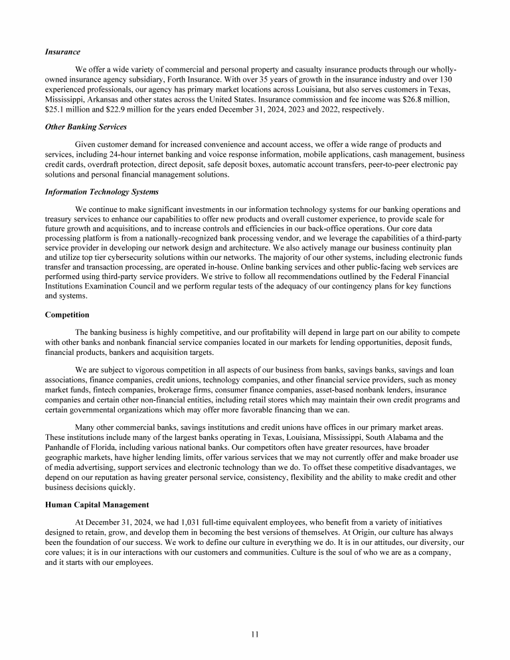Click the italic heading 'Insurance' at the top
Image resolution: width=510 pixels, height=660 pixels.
coord(62,51)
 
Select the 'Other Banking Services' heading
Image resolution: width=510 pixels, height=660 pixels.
coord(86,126)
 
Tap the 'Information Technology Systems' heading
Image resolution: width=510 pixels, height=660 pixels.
coord(102,192)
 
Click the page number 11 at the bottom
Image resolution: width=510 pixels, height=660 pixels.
coord(255,634)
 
